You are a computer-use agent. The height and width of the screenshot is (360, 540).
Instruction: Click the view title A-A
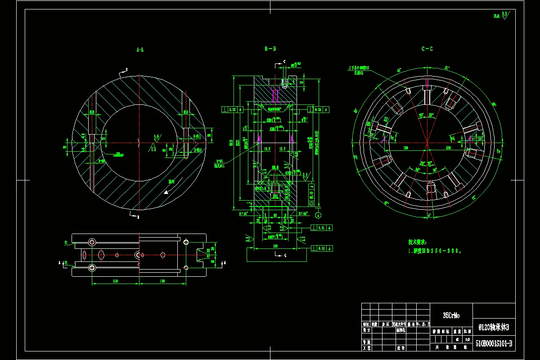pos(140,49)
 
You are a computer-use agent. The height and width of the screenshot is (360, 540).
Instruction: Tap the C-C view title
pos(427,49)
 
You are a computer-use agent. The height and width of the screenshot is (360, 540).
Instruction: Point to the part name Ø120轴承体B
pos(494,326)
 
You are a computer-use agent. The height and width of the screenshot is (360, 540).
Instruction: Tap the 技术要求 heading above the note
pos(417,242)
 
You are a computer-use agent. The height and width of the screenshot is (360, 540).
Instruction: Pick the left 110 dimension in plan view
pos(115,281)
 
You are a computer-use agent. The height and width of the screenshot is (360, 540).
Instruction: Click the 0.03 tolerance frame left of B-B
pos(233,109)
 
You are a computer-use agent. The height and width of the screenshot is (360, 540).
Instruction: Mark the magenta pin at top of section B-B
pos(275,95)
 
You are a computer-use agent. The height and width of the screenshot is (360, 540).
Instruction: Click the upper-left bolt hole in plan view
pos(92,242)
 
